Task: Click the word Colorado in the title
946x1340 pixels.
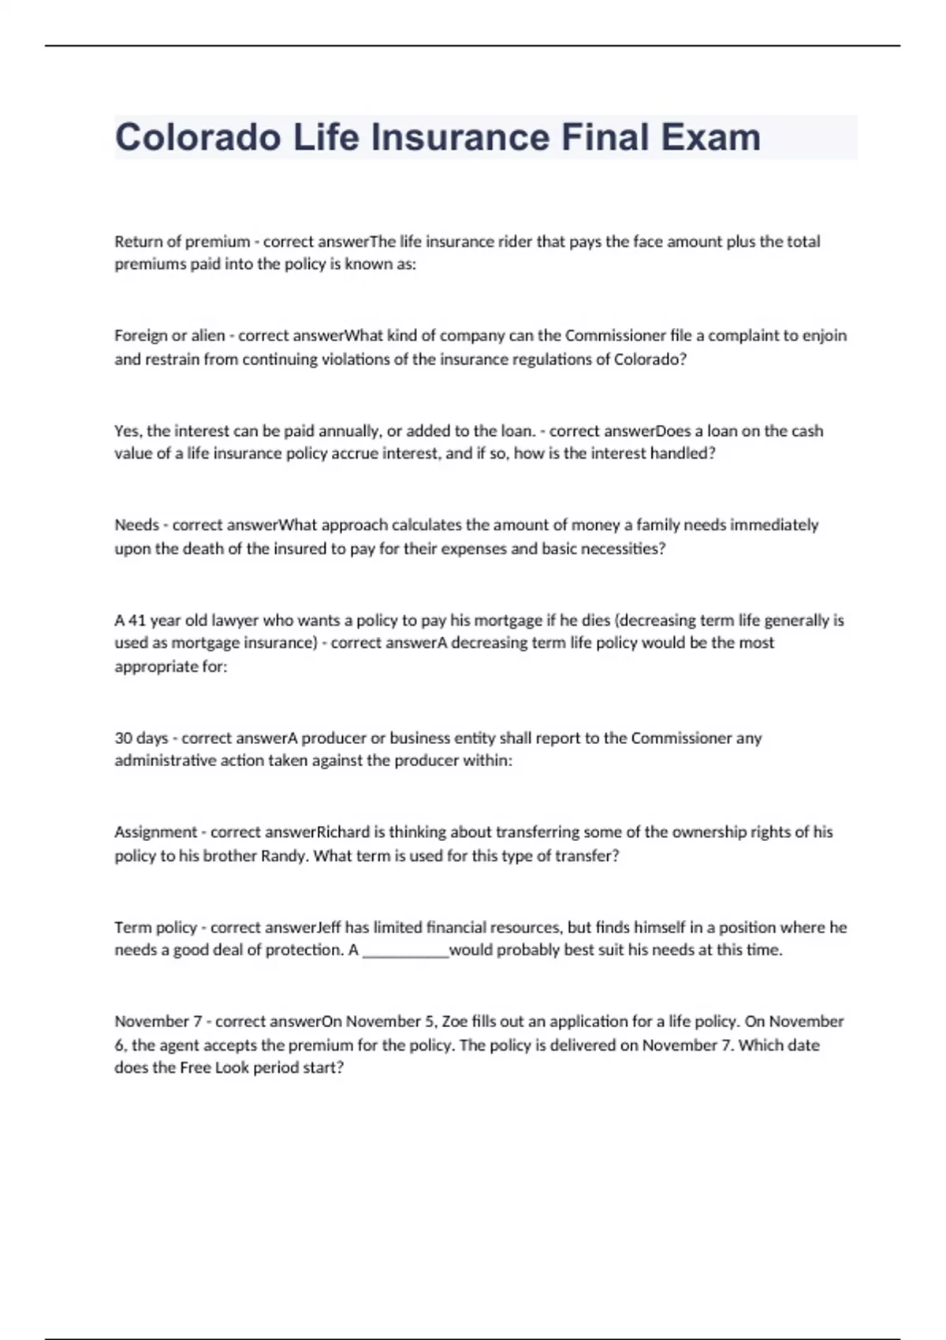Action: click(198, 137)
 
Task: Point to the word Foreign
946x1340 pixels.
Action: click(140, 336)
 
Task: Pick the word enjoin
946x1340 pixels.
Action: click(825, 336)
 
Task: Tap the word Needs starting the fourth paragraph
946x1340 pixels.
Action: click(136, 525)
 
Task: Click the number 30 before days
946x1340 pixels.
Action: click(123, 739)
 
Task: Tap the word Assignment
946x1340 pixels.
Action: click(155, 832)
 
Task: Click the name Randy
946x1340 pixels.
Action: click(283, 856)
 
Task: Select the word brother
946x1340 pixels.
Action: click(229, 856)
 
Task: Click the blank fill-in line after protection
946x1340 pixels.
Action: click(405, 951)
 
